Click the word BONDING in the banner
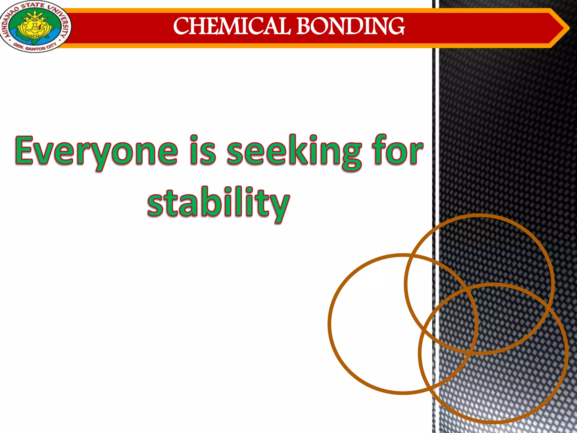coord(350,26)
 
